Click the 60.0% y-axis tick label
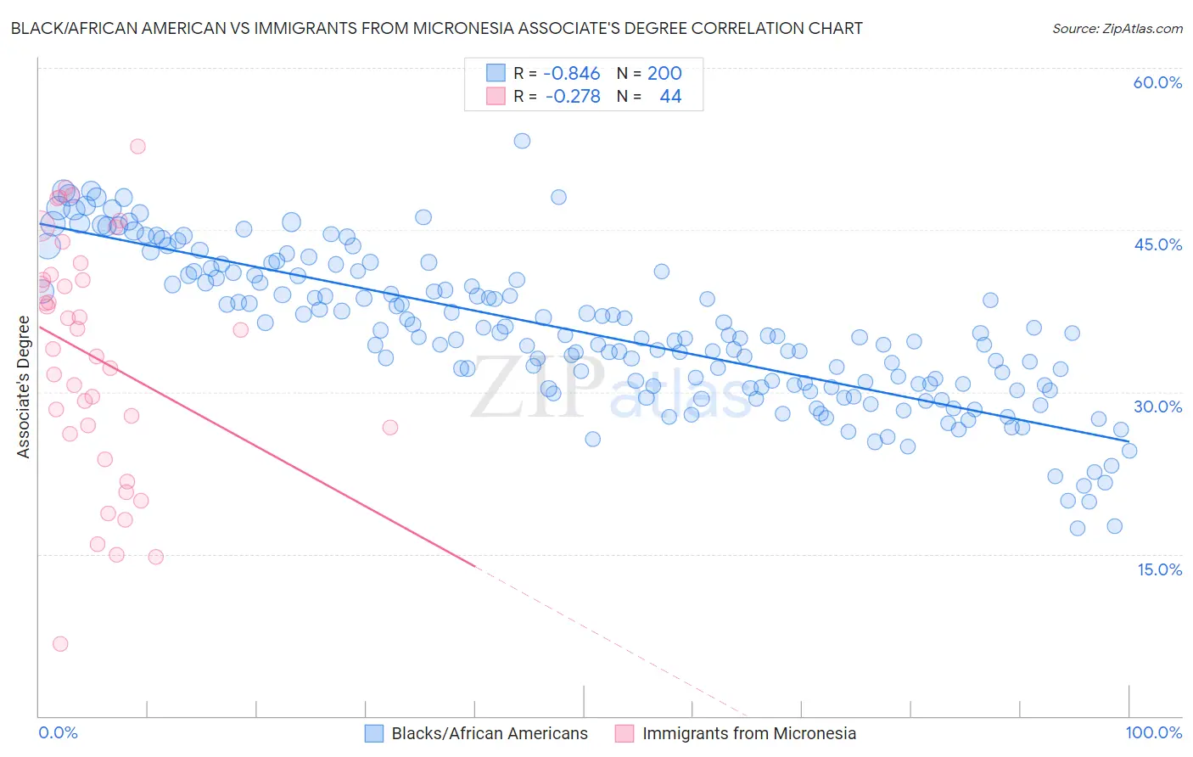(x=1157, y=82)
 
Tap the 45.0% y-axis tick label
(x=1157, y=244)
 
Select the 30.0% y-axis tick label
(x=1157, y=407)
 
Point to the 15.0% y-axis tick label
(x=1159, y=569)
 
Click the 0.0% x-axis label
(x=59, y=732)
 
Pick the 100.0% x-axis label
(x=1153, y=732)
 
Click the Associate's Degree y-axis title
(x=24, y=387)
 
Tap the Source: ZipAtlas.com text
(x=1117, y=29)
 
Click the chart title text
(x=436, y=29)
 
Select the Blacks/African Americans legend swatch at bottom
(x=374, y=733)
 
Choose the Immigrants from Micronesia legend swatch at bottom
(x=625, y=733)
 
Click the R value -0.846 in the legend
(x=571, y=74)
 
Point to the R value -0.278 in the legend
(x=572, y=97)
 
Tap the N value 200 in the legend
(x=664, y=74)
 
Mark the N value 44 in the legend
(x=670, y=97)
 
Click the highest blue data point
(x=522, y=141)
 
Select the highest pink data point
(x=137, y=146)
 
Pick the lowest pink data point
(x=60, y=644)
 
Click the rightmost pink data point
(x=390, y=427)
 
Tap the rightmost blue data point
(x=1129, y=451)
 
